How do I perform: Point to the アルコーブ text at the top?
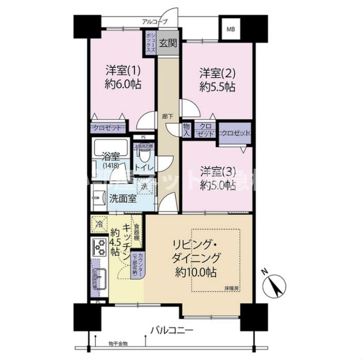point(155,22)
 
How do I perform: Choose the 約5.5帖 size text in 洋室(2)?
point(218,87)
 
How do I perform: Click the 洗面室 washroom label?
point(122,198)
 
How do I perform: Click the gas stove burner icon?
point(98,246)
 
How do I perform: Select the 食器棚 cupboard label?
point(136,231)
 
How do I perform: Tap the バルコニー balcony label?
point(172,329)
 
